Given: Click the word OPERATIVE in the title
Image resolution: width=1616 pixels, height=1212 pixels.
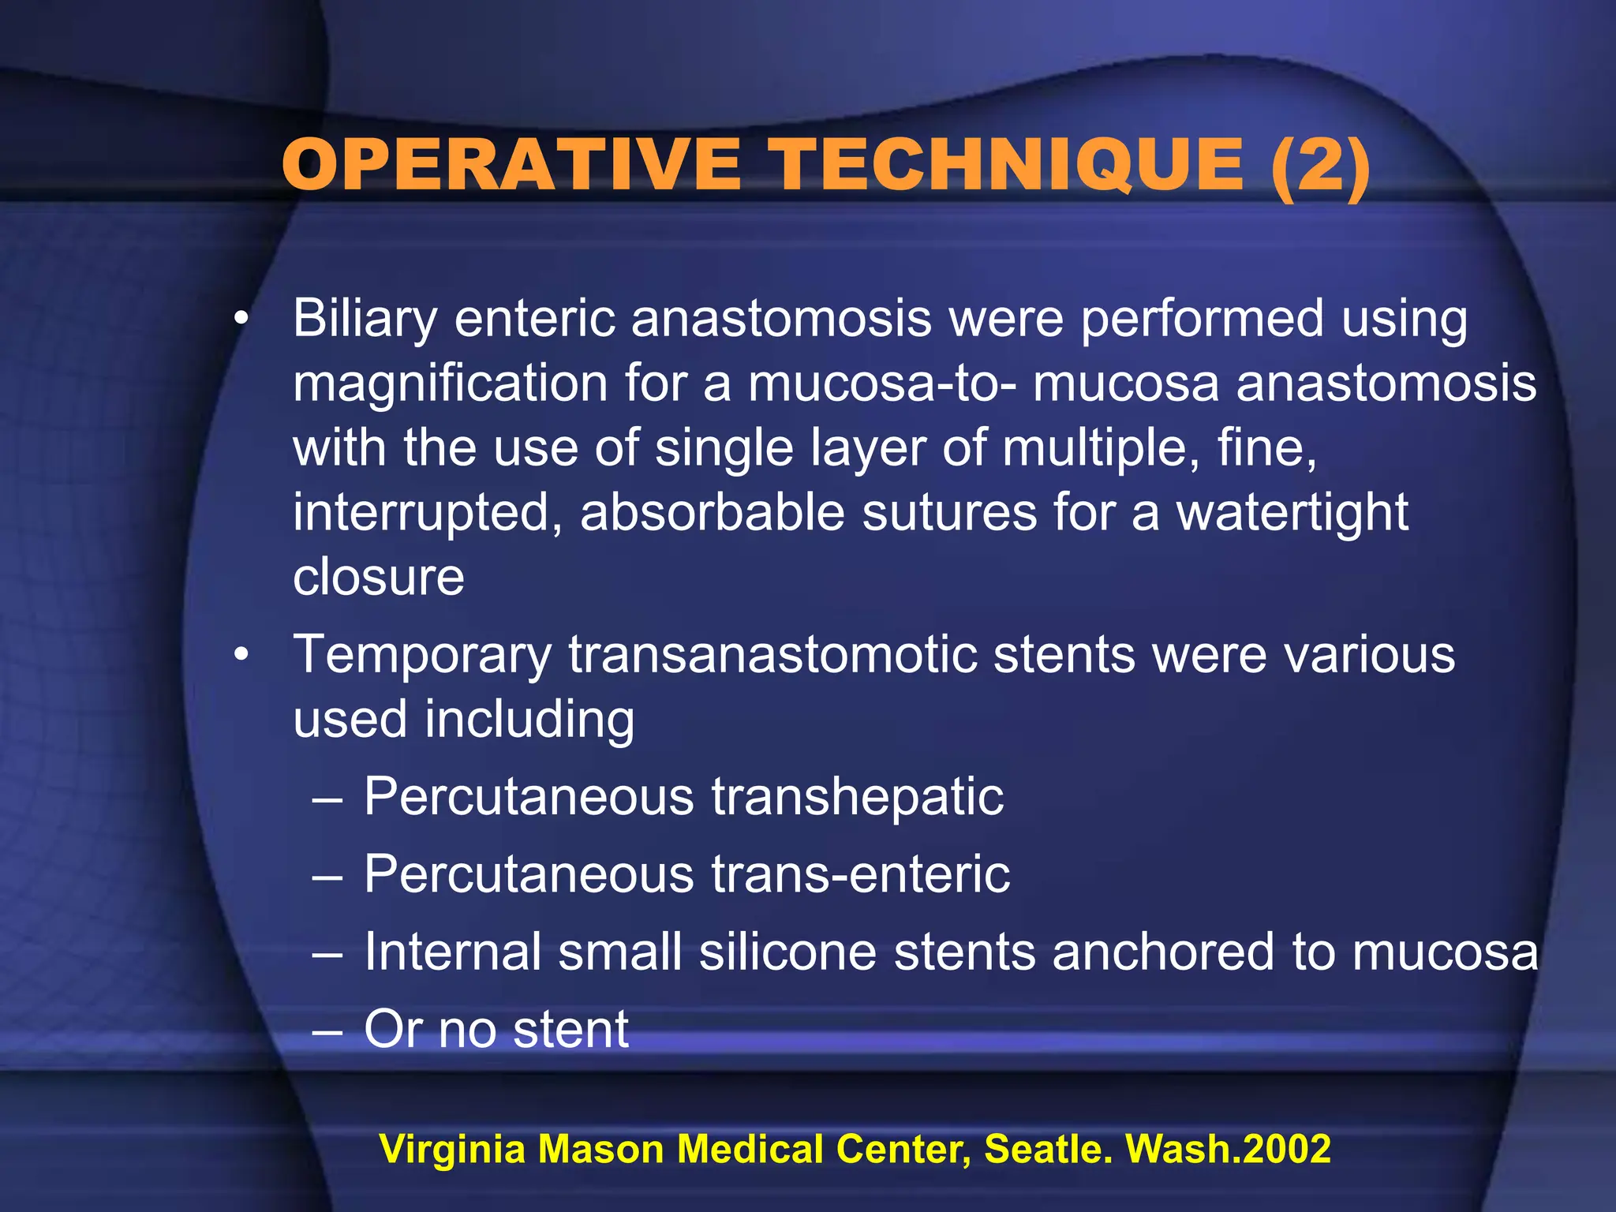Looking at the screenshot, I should click(x=511, y=165).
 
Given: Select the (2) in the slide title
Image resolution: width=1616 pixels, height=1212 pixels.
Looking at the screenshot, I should click(x=1321, y=166).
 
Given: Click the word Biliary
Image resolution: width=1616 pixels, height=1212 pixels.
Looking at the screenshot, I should click(x=365, y=320).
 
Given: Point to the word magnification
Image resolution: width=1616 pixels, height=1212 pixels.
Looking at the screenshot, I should click(x=450, y=384).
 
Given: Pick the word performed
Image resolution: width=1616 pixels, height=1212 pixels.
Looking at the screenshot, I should click(x=1201, y=320).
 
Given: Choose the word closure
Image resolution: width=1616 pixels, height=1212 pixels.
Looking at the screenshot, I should click(x=379, y=577).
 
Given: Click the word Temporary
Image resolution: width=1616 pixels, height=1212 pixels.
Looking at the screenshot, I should click(x=422, y=655).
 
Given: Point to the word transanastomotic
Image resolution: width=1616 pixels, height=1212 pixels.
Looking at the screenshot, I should click(x=772, y=655).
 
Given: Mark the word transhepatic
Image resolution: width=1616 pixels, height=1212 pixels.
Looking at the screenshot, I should click(x=858, y=796).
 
